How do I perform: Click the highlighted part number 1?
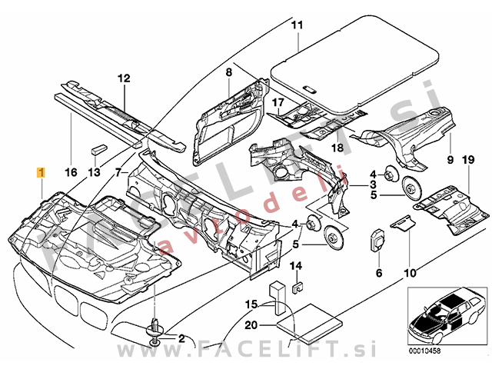41,173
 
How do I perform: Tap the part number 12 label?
125,78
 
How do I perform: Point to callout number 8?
228,72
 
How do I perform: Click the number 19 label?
466,160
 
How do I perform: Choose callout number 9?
451,160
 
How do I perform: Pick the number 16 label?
70,173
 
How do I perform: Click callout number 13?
94,173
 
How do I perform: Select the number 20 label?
251,324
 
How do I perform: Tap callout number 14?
296,266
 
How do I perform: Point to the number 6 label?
379,273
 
